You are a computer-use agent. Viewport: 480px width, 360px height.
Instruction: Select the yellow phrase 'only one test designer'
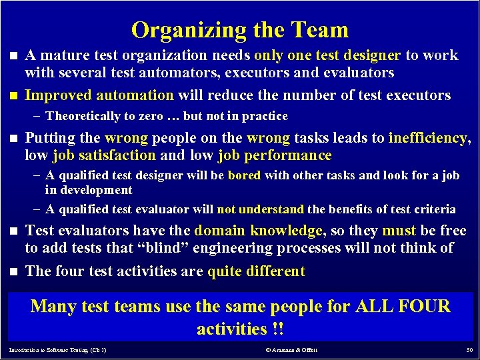(327, 55)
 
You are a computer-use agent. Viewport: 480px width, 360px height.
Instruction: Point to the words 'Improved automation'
(99, 95)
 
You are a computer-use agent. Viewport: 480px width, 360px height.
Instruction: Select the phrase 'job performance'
(274, 155)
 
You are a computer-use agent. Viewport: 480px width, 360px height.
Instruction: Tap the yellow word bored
(244, 176)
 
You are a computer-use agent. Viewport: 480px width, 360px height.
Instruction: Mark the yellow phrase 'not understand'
(260, 209)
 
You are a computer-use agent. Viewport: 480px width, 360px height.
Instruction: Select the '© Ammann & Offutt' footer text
(292, 350)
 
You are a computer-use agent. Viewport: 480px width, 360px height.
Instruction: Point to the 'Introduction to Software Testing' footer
(57, 350)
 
